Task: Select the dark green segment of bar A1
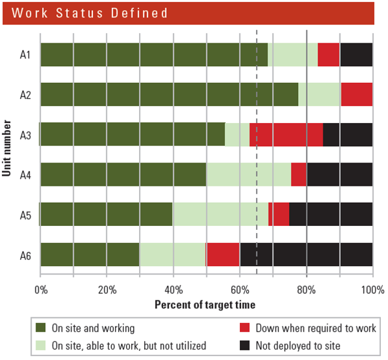click(154, 55)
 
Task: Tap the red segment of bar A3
click(286, 135)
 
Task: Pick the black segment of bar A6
click(306, 254)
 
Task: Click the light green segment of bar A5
click(221, 214)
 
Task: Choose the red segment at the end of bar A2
click(356, 95)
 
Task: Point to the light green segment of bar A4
click(248, 174)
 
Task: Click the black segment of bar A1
click(356, 55)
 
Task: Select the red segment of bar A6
click(223, 254)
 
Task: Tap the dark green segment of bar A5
click(106, 214)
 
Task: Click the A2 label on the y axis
click(25, 95)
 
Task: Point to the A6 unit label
click(25, 254)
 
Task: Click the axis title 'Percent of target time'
click(205, 304)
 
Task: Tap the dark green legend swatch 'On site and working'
click(41, 328)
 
